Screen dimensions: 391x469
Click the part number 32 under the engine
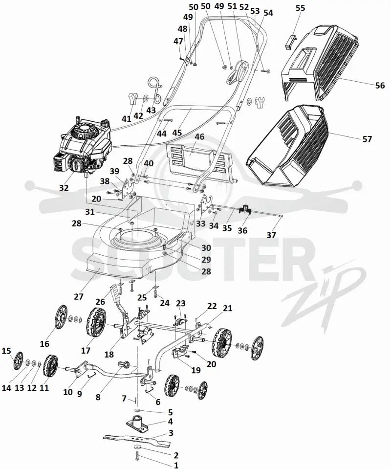click(x=64, y=187)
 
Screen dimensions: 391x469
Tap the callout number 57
click(x=367, y=139)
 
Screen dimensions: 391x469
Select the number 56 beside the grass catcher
click(x=380, y=86)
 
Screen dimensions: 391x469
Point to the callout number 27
click(x=79, y=297)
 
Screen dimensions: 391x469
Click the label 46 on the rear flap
click(x=199, y=137)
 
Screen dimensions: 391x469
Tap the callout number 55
click(x=300, y=8)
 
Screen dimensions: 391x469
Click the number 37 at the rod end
click(x=271, y=235)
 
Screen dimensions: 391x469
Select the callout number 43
click(x=151, y=110)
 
